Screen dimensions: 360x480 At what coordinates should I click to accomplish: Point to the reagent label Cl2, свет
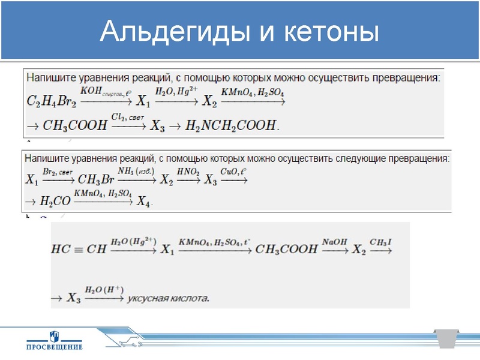(128, 116)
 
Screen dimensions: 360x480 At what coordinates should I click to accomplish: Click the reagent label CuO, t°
(233, 172)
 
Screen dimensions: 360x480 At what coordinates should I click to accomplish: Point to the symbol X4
(145, 202)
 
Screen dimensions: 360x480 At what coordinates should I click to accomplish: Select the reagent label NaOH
(335, 241)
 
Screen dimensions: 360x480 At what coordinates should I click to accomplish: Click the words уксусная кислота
(172, 298)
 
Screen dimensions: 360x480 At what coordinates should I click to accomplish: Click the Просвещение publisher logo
(54, 340)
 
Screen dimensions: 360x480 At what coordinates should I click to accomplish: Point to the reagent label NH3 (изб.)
(137, 172)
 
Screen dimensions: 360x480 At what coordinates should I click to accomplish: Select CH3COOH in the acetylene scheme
(286, 248)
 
